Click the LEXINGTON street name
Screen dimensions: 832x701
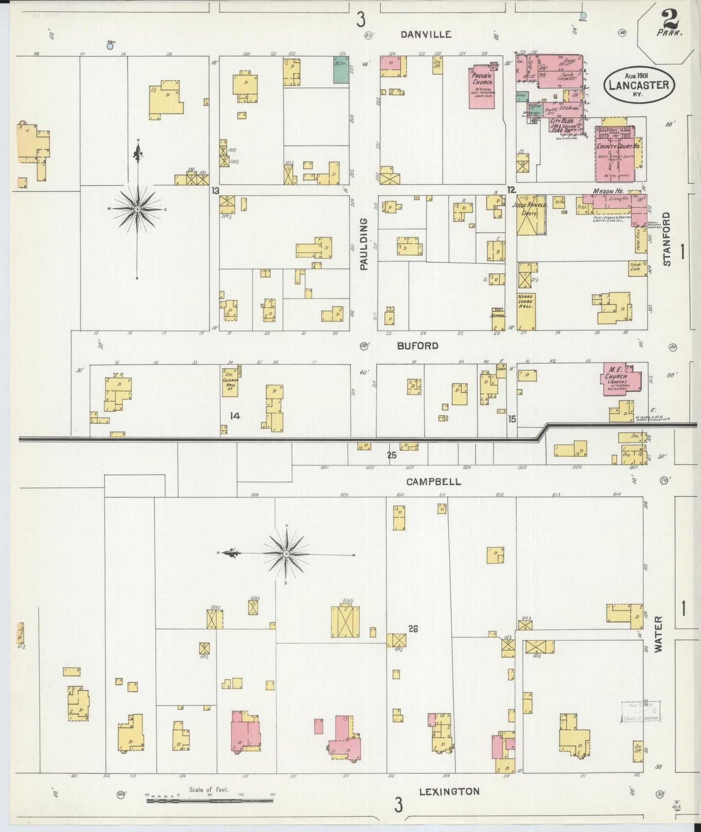449,791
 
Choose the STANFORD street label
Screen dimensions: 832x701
667,239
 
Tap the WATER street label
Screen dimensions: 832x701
659,634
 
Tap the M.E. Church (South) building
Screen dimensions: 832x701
621,379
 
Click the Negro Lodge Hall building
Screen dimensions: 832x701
526,311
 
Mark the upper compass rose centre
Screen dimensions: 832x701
138,208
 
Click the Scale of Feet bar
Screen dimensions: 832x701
211,799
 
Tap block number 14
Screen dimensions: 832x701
235,416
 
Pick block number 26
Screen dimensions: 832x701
413,629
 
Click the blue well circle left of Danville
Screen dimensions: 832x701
110,47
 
